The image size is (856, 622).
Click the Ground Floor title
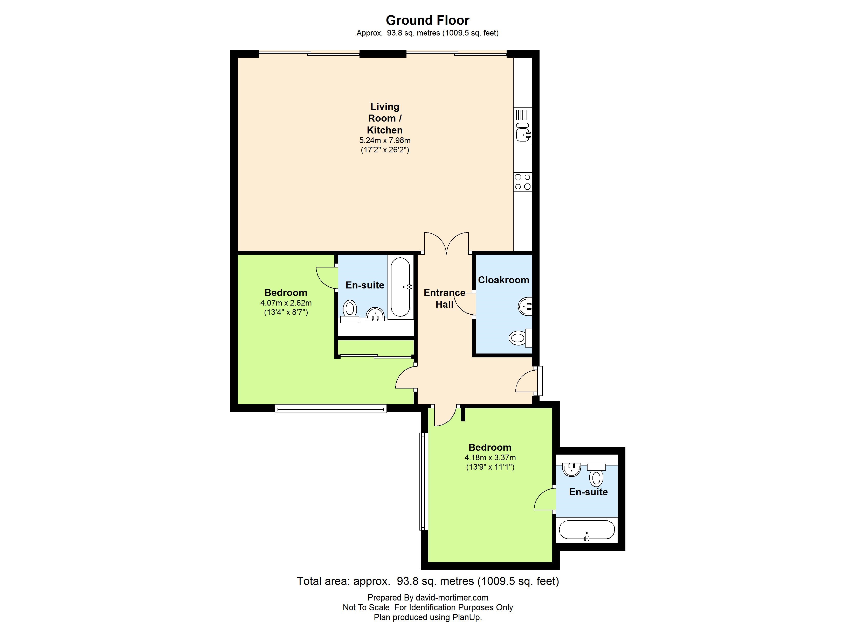point(428,20)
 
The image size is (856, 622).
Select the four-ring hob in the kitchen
point(523,182)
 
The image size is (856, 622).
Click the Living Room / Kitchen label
point(385,118)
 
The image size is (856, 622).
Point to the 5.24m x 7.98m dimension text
point(385,140)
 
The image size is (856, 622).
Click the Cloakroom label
point(503,280)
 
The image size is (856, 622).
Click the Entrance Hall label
point(444,298)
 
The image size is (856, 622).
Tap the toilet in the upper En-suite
point(350,312)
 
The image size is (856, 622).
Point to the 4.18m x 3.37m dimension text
point(490,457)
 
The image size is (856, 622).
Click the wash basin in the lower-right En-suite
point(571,470)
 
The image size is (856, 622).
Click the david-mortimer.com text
point(452,597)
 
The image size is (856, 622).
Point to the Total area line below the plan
point(428,581)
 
